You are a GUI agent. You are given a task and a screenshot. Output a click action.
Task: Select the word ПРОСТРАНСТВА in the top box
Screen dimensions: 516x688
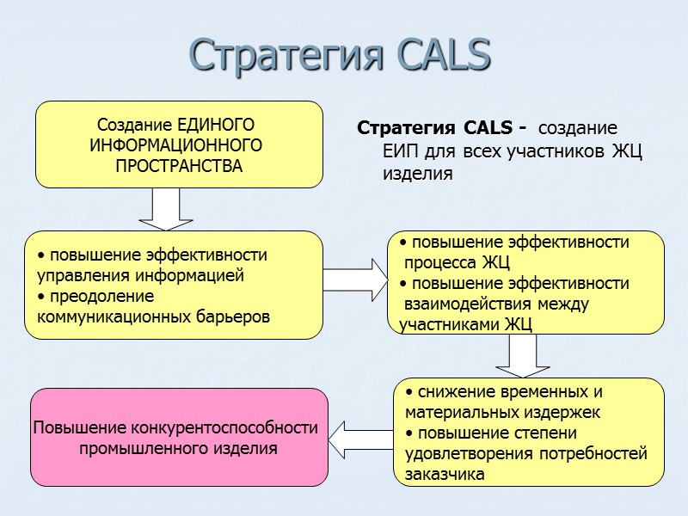[179, 165]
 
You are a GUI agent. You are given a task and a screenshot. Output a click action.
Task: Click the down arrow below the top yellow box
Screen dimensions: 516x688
[166, 209]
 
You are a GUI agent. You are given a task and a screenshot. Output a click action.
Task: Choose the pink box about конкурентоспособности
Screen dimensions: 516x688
[179, 438]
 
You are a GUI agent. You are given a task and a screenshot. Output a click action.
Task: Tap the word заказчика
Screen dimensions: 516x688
[445, 474]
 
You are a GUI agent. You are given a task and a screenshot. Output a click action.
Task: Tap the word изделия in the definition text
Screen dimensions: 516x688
[418, 173]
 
